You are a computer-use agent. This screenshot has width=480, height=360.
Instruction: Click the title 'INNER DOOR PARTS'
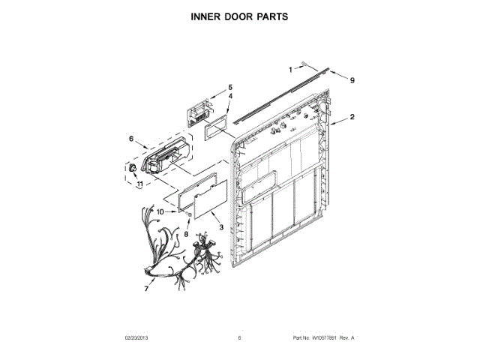[x=240, y=16]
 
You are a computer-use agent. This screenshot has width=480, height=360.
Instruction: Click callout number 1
[x=291, y=69]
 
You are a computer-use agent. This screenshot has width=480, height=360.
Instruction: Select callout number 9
[x=351, y=79]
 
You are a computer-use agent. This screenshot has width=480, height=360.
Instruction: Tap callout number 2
[x=352, y=117]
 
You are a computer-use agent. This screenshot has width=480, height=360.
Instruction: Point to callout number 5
[x=230, y=87]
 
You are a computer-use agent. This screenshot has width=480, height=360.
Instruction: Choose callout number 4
[x=230, y=97]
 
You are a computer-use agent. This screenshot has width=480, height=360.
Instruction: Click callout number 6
[x=130, y=138]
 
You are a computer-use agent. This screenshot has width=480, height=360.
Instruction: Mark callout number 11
[x=139, y=183]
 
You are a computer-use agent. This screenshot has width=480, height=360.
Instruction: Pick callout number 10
[x=159, y=211]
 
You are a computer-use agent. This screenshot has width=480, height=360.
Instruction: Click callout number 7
[x=146, y=288]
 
